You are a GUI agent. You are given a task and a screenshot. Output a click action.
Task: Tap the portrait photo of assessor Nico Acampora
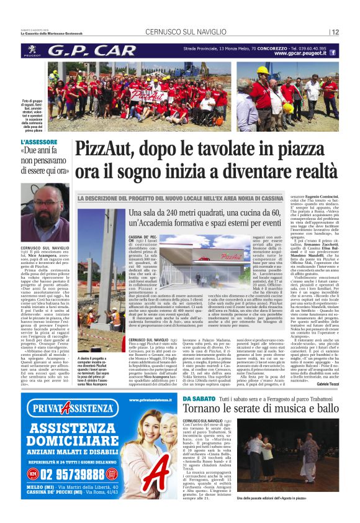point(45,205)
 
